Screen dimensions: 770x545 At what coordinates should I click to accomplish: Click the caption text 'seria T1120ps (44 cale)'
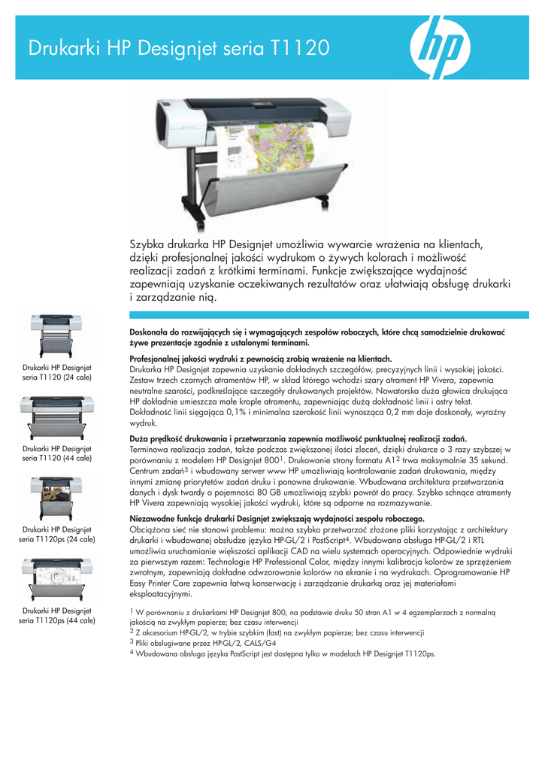pos(57,620)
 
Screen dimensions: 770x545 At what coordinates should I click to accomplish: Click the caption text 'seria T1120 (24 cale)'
pos(57,377)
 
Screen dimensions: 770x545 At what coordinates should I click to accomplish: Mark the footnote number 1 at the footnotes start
pos(132,611)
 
